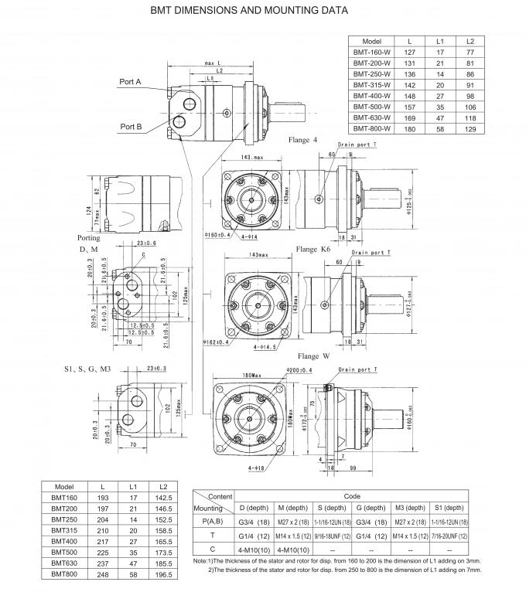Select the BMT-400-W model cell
(371, 96)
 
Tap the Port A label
(131, 81)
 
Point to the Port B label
(131, 126)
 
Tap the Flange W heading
(313, 356)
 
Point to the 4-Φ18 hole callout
(257, 468)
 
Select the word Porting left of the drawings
(89, 238)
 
